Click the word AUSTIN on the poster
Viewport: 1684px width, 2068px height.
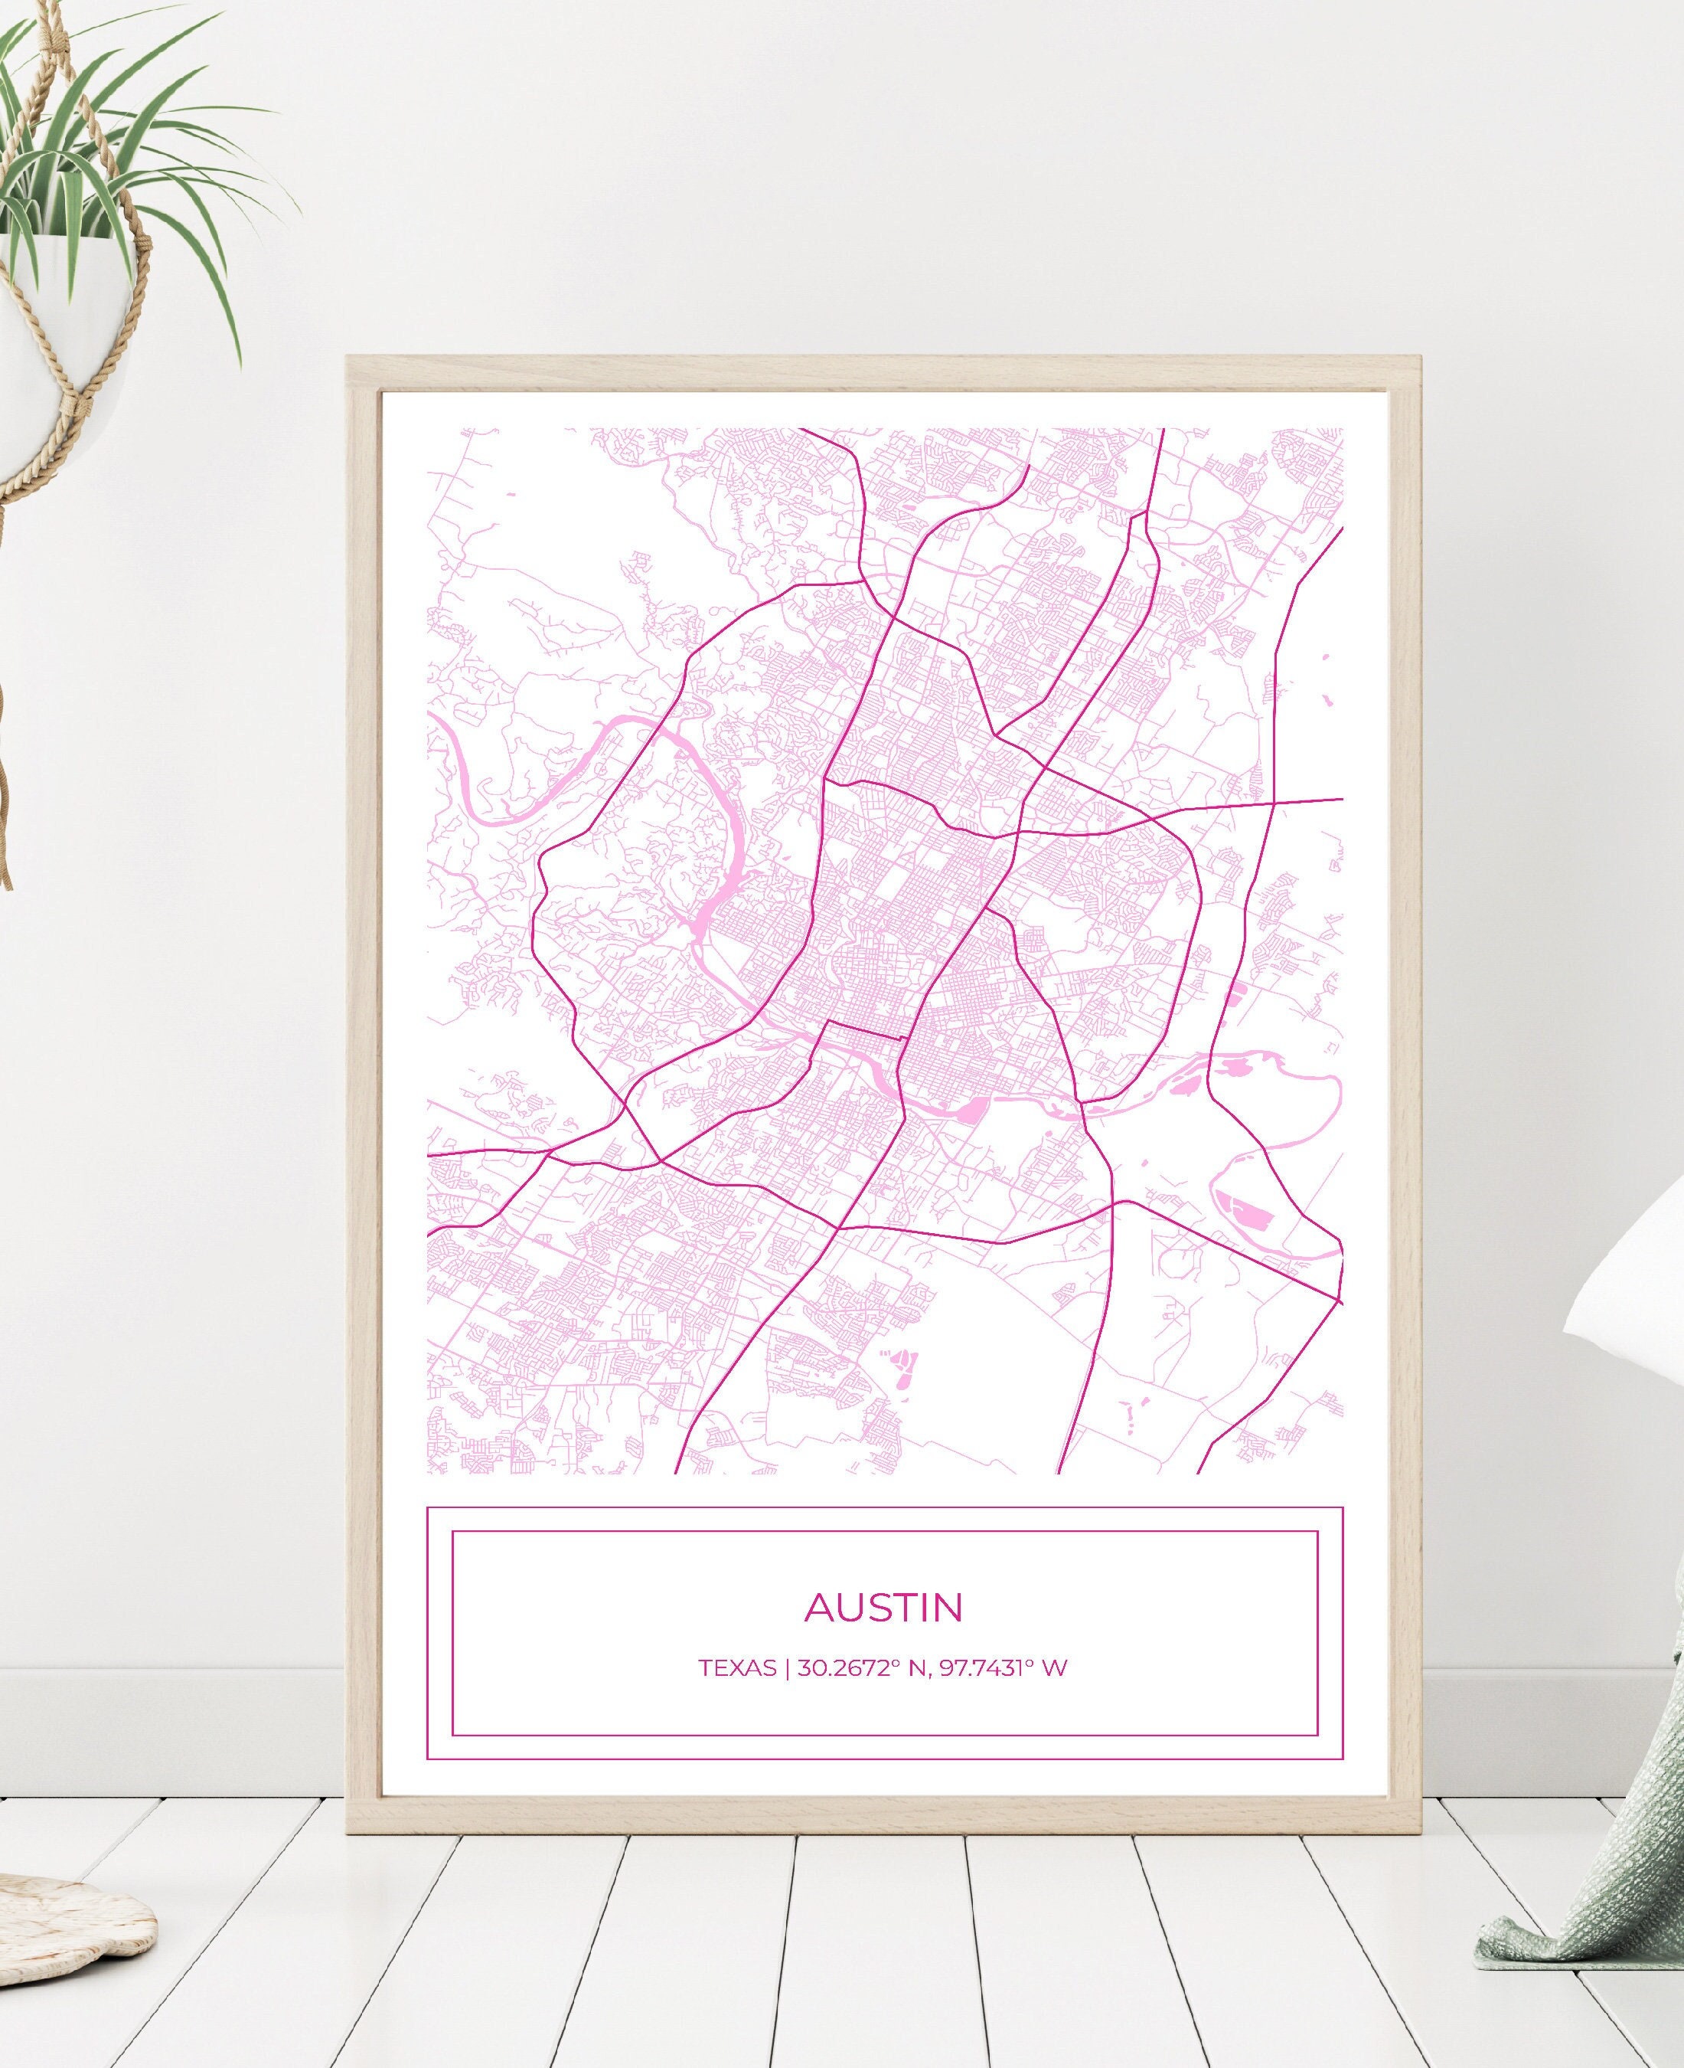coord(883,1607)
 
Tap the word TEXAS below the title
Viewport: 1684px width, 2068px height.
coord(737,1668)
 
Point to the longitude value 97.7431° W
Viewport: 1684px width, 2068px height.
coord(1003,1668)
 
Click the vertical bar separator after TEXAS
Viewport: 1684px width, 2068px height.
coord(787,1668)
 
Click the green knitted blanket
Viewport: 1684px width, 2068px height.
coord(1591,1844)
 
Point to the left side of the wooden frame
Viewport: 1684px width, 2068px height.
coord(363,1068)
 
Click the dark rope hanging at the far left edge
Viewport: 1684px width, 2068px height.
coord(5,777)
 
